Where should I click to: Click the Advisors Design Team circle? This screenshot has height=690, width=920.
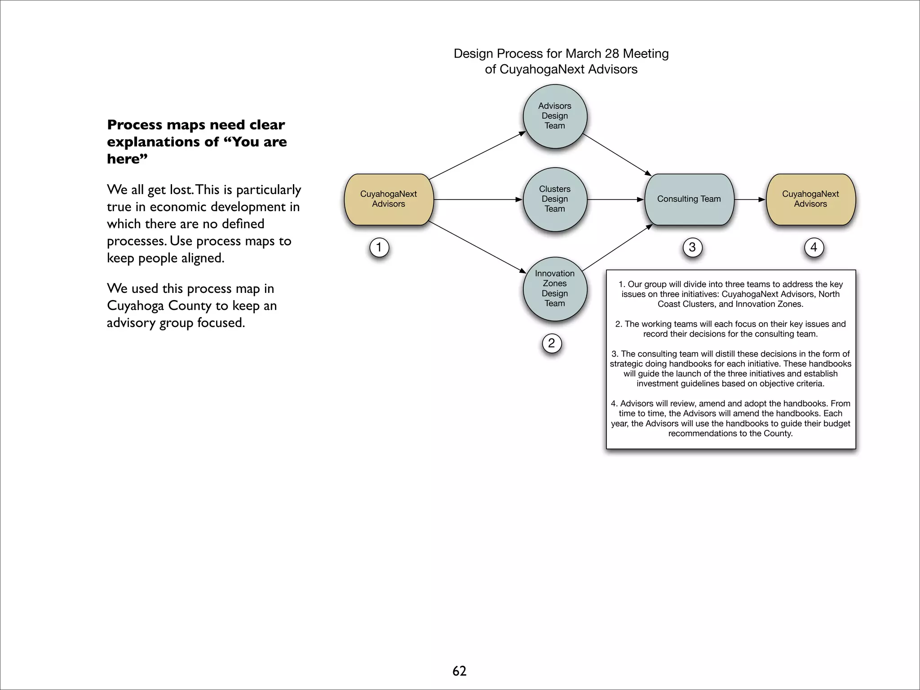555,116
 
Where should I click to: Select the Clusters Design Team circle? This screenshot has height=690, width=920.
555,199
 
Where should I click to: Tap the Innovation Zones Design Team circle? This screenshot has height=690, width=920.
555,288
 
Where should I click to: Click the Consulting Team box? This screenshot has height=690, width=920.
689,199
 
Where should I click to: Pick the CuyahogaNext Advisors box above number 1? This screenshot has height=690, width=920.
389,199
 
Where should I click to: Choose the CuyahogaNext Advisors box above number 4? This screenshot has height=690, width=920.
810,199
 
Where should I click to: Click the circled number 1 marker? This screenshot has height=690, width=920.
379,247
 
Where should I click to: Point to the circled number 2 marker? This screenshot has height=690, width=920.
552,343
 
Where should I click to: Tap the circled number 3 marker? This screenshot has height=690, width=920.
692,247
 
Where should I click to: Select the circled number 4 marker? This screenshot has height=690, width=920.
814,247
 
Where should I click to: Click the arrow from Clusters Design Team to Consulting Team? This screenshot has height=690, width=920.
615,199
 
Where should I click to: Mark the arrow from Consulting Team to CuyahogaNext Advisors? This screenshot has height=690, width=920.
749,199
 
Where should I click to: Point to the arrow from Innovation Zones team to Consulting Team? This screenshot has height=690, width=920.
617,247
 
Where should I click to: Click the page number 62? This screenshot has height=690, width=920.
459,671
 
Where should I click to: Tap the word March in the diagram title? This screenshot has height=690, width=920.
583,53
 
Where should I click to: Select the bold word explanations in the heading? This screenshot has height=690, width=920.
163,142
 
